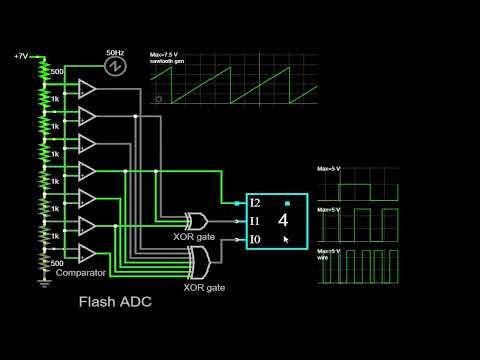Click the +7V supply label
coord(22,57)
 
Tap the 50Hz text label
coord(114,50)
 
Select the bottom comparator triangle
coord(86,252)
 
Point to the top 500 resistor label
coord(57,72)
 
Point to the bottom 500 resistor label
coord(57,262)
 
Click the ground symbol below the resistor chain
coord(43,283)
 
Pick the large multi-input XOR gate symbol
coord(198,262)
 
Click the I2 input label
coord(256,203)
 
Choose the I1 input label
coord(256,221)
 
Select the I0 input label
coord(256,239)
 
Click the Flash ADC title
coord(115,301)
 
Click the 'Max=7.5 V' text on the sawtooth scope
coord(163,54)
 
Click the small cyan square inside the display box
coord(286,202)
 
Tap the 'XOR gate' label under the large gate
coord(204,287)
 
